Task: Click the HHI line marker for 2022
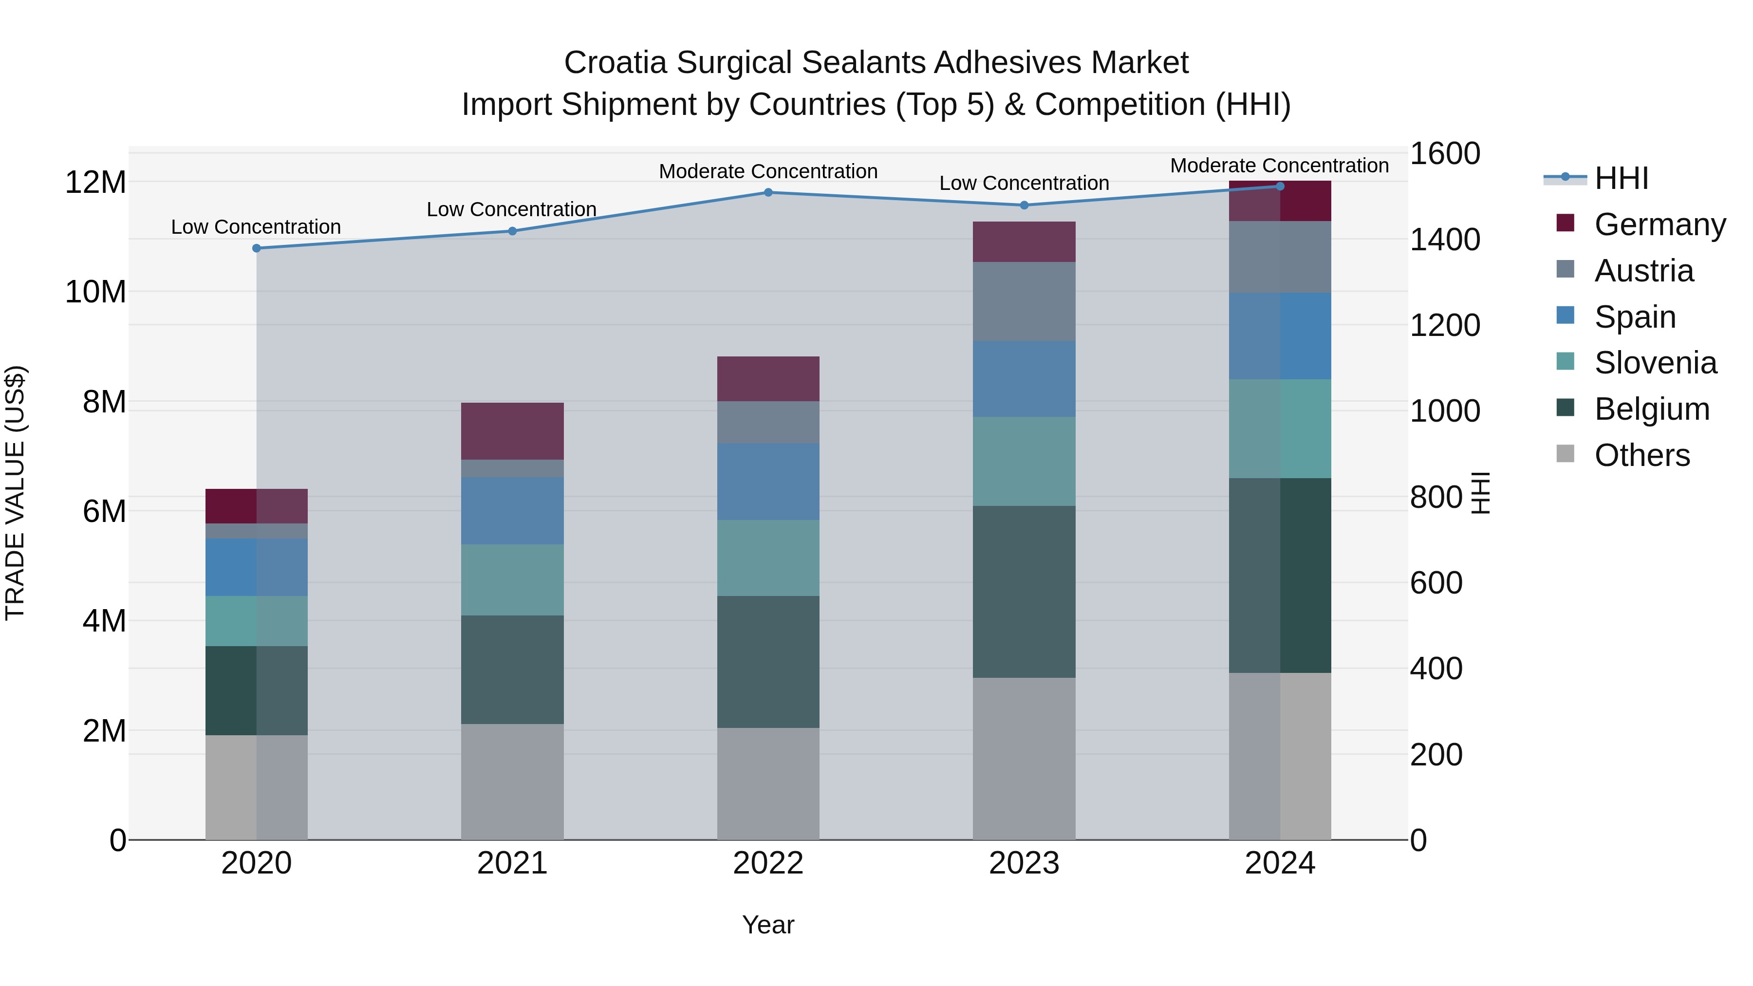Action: click(x=768, y=192)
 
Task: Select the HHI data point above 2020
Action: click(x=257, y=248)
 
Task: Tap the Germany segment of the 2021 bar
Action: click(x=512, y=431)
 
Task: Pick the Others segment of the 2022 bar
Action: click(x=768, y=783)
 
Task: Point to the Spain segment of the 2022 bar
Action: click(x=768, y=481)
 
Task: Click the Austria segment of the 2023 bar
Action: click(x=1024, y=301)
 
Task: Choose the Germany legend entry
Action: click(x=1659, y=224)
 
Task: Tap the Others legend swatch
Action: click(x=1565, y=454)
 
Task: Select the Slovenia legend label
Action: click(x=1655, y=363)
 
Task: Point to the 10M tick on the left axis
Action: click(x=95, y=292)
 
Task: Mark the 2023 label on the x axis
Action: click(x=1024, y=863)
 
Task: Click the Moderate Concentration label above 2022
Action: click(x=768, y=171)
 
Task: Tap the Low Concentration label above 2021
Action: click(x=512, y=209)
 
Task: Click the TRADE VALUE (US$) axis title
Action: click(x=15, y=493)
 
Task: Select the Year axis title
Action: click(x=768, y=925)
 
